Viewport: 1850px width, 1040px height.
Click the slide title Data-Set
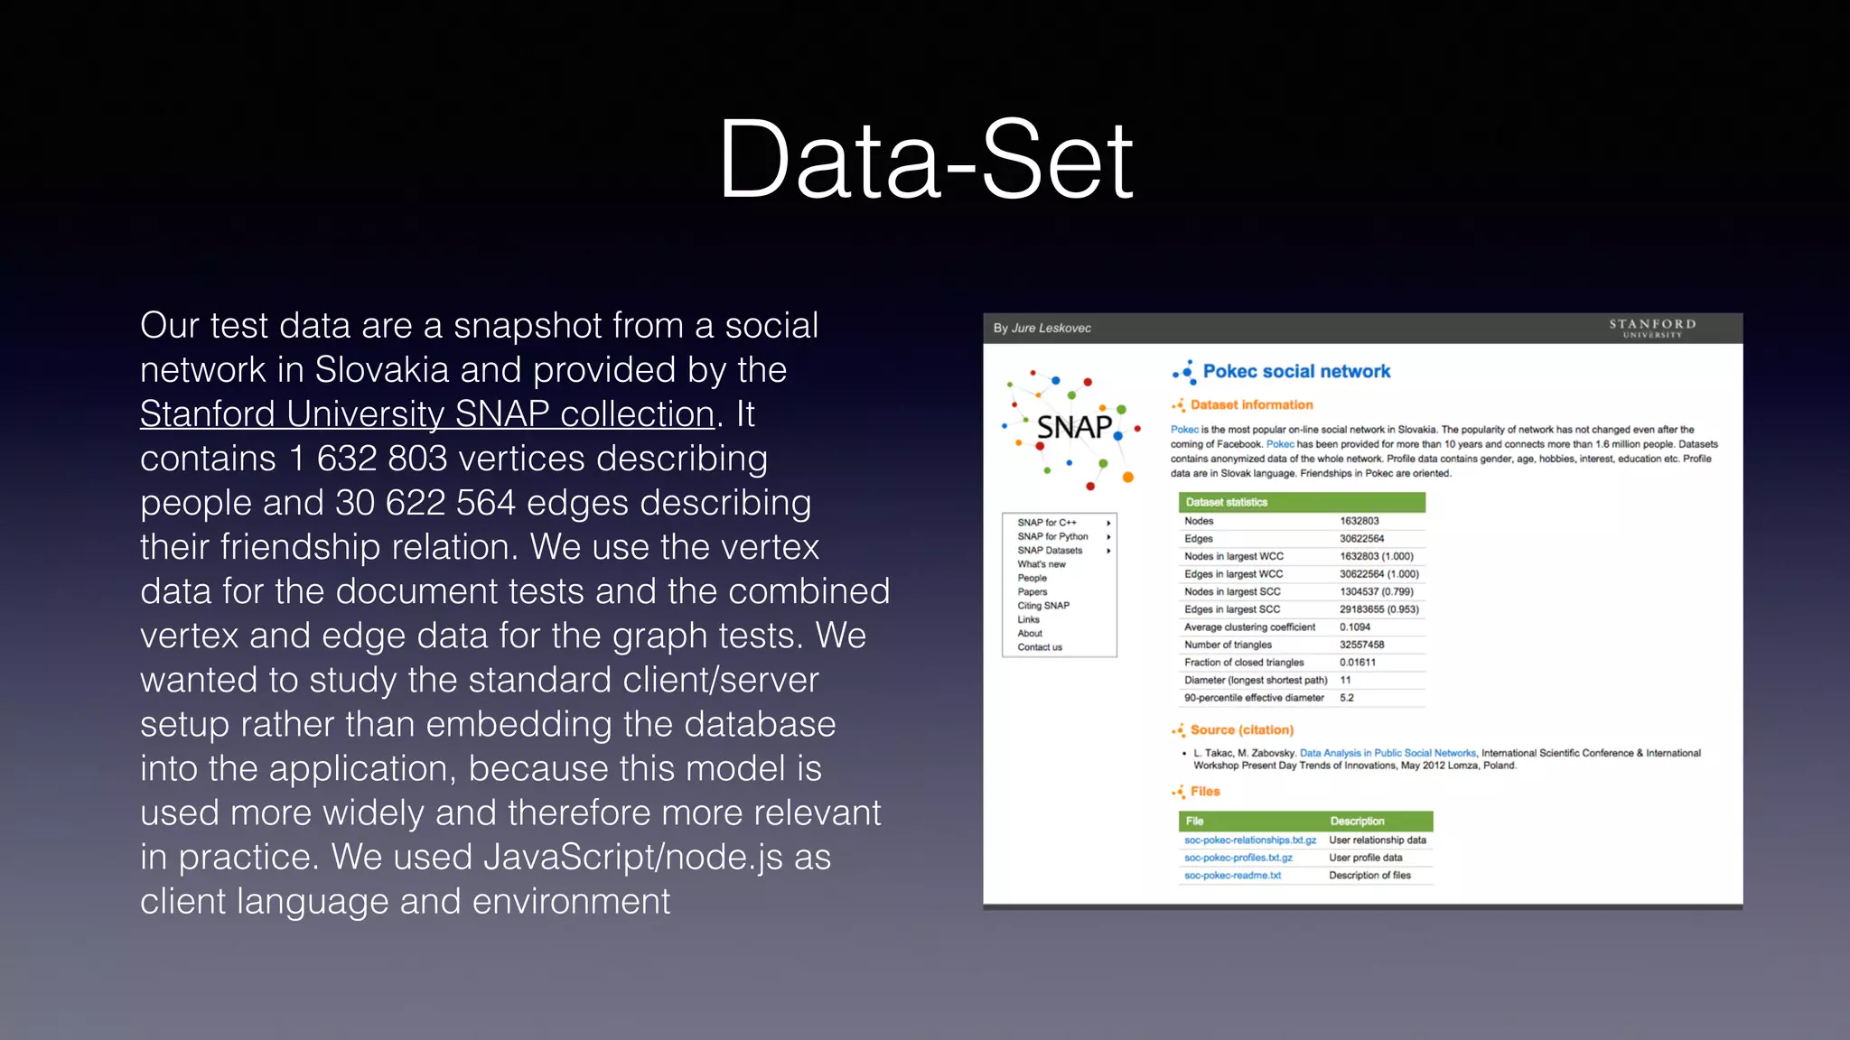click(x=925, y=161)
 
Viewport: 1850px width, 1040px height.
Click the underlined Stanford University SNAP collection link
click(x=427, y=414)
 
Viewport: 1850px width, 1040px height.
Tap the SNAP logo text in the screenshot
click(x=1074, y=427)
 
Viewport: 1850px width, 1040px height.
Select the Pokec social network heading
click(x=1295, y=371)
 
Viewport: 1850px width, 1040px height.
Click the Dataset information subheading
click(x=1251, y=405)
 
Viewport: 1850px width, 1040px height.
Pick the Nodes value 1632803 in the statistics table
click(x=1359, y=521)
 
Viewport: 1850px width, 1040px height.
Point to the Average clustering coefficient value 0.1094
click(x=1354, y=627)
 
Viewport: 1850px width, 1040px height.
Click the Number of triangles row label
click(x=1228, y=645)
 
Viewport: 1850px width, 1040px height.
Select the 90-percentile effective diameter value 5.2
click(x=1346, y=698)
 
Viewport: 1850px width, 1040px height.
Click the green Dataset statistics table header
click(x=1301, y=502)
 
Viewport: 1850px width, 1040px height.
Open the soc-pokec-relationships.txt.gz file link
click(x=1249, y=840)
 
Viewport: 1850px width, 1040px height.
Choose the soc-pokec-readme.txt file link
click(x=1232, y=876)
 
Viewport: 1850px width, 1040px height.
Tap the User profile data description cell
click(x=1365, y=858)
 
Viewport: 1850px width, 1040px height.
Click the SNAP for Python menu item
click(x=1052, y=536)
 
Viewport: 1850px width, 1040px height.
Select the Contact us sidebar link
click(x=1039, y=647)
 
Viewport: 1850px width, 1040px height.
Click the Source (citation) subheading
click(x=1241, y=730)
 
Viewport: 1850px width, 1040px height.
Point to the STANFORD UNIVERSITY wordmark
click(x=1651, y=327)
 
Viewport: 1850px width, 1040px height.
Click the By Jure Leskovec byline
click(x=1042, y=328)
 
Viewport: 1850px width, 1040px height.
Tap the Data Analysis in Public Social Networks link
click(x=1387, y=753)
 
